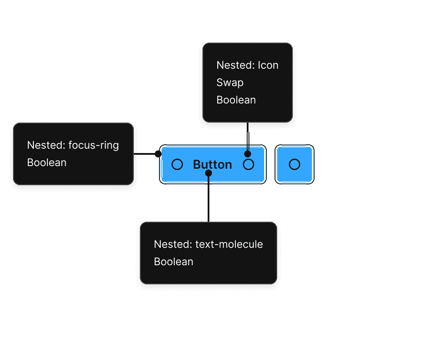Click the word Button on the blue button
[x=212, y=165]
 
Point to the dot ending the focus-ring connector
[x=158, y=154]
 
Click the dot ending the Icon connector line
[x=248, y=154]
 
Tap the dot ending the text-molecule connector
[x=209, y=173]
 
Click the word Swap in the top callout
[x=230, y=83]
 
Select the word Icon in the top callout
[x=268, y=65]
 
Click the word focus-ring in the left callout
[x=93, y=145]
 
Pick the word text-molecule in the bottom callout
[x=229, y=244]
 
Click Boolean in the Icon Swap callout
[x=236, y=100]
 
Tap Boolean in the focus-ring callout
[x=47, y=163]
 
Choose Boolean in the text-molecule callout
[x=174, y=262]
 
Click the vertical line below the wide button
[x=209, y=199]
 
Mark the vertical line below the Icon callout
[x=248, y=137]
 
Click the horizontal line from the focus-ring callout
[x=144, y=154]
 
